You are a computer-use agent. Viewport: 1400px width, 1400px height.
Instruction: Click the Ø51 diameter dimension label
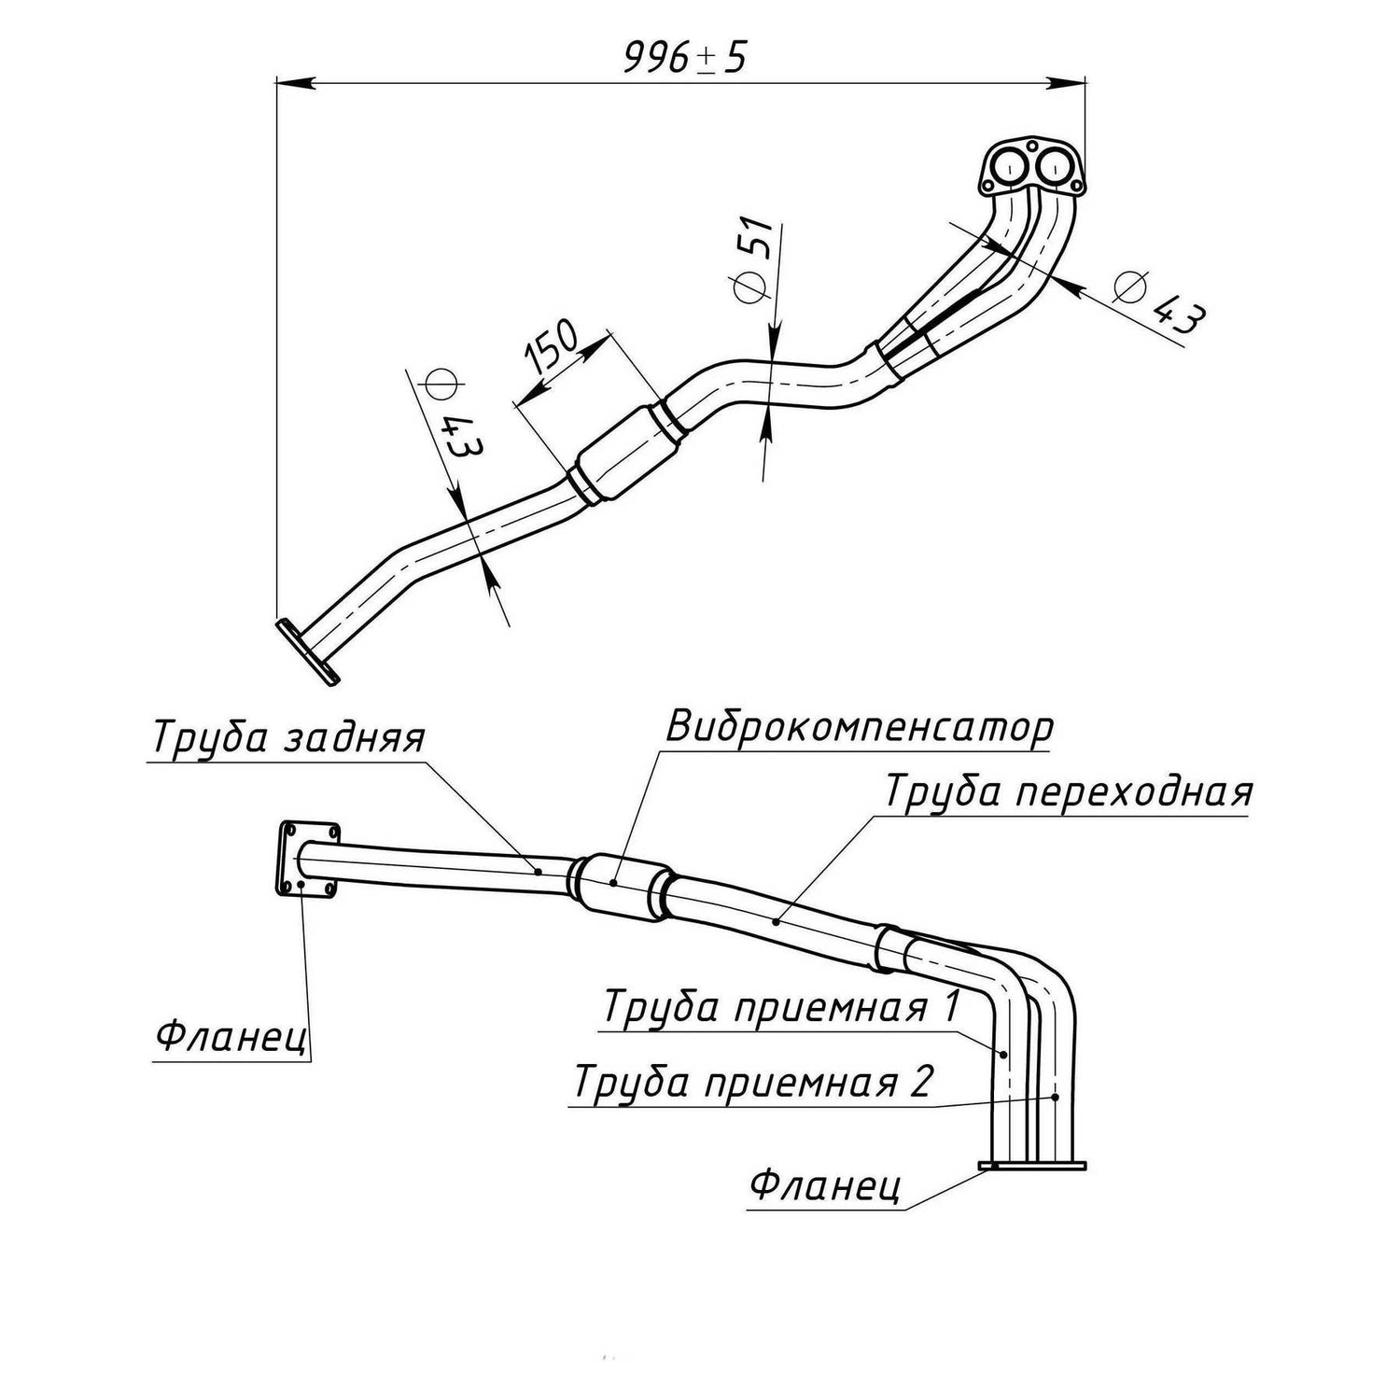[753, 260]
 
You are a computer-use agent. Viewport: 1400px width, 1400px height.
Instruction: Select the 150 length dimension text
[552, 344]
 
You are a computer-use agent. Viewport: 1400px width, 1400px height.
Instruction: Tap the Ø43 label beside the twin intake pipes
[1158, 302]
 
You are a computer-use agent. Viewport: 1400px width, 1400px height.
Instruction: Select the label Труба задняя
[288, 738]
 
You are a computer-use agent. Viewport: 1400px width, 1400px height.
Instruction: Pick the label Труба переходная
[1068, 791]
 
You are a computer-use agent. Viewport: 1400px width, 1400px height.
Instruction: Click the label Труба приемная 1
[781, 1008]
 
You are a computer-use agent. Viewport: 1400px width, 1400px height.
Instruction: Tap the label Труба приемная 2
[752, 1083]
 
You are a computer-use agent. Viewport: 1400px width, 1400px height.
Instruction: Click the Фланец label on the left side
[231, 1036]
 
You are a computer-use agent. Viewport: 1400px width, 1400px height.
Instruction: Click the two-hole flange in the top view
[1031, 167]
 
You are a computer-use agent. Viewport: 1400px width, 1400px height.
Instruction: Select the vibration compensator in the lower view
[621, 886]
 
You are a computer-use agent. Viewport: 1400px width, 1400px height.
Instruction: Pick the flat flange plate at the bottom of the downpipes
[1032, 1165]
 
